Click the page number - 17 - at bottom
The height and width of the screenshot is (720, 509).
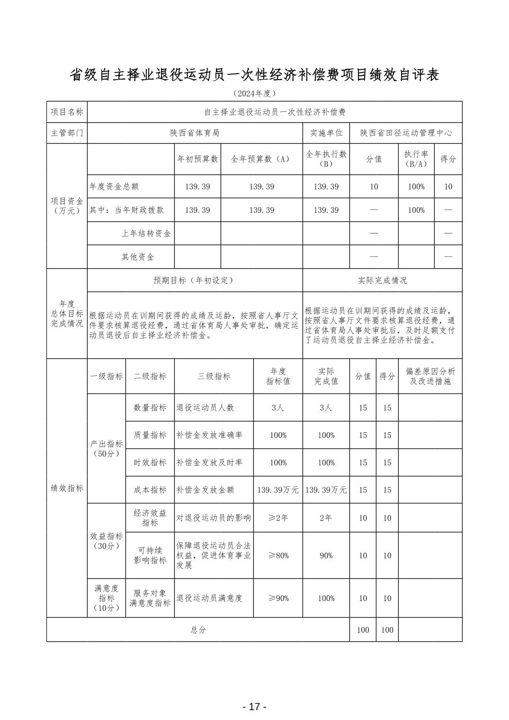[254, 707]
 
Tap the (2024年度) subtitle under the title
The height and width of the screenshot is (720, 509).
[254, 93]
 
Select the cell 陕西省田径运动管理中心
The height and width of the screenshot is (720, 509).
[406, 133]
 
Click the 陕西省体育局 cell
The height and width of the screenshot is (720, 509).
[195, 133]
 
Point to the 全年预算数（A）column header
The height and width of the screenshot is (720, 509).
[261, 159]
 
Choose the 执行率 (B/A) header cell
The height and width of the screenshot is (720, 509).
[416, 159]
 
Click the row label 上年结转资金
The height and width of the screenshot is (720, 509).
[146, 233]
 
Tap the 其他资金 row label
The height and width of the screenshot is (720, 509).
[138, 257]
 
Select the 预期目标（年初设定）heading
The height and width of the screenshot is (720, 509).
[195, 280]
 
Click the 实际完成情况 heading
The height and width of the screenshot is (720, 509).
[382, 280]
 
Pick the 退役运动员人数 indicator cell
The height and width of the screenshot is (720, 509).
[205, 408]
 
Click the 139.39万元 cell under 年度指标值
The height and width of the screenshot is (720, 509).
[278, 490]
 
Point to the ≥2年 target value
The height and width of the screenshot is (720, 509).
[278, 518]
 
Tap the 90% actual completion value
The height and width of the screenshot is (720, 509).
[326, 556]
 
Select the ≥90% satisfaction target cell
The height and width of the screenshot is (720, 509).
[278, 598]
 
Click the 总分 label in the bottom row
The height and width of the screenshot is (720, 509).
[198, 630]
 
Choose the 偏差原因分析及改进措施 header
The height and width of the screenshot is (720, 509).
[430, 376]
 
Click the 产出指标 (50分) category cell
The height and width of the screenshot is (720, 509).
[107, 448]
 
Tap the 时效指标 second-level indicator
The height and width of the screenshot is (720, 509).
[150, 463]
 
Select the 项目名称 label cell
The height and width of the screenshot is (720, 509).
[67, 112]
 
